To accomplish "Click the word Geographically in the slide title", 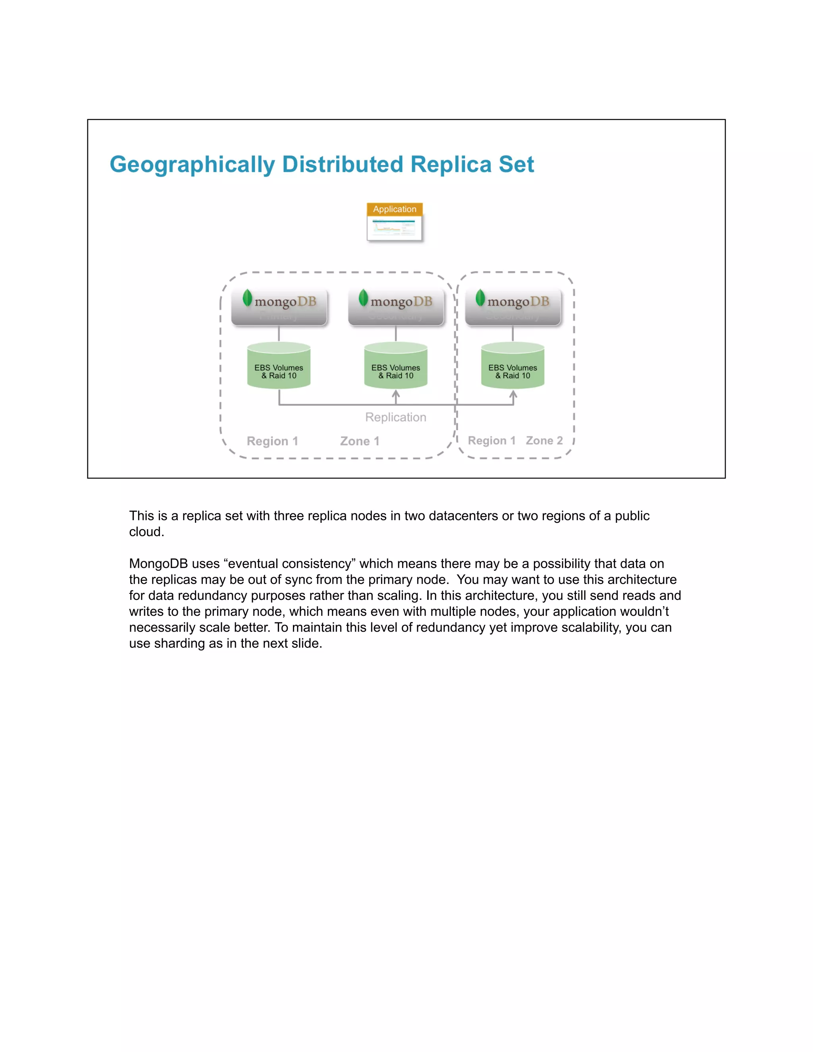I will pyautogui.click(x=192, y=165).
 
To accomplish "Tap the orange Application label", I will pyautogui.click(x=395, y=209).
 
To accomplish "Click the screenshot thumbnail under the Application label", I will pyautogui.click(x=395, y=228).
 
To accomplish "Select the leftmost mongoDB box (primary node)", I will pyautogui.click(x=279, y=307).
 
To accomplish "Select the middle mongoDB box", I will pyautogui.click(x=396, y=307).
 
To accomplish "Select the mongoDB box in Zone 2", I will pyautogui.click(x=513, y=307).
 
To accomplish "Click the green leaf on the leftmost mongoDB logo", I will pyautogui.click(x=247, y=298).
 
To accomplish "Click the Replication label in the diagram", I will pyautogui.click(x=395, y=417).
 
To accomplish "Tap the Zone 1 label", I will pyautogui.click(x=360, y=441).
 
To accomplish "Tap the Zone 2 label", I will pyautogui.click(x=544, y=441).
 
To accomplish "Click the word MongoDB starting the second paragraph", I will pyautogui.click(x=158, y=564).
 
